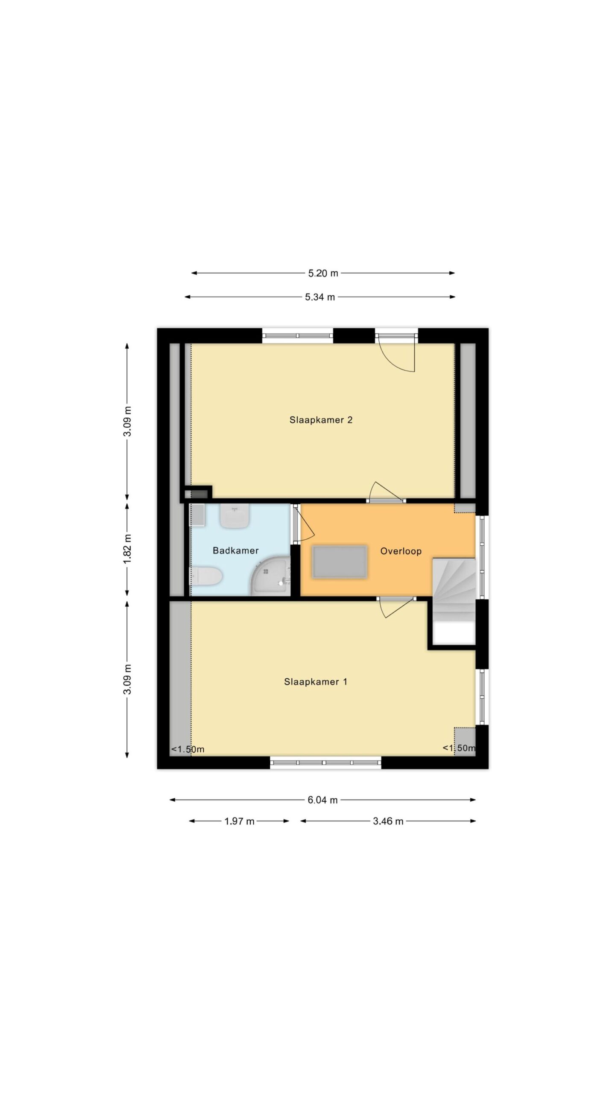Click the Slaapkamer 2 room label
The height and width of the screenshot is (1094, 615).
click(321, 420)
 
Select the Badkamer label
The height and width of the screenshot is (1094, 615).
click(236, 551)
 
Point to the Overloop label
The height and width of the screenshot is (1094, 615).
click(401, 551)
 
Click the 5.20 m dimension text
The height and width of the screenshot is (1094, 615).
click(323, 273)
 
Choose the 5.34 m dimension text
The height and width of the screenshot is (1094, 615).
click(320, 297)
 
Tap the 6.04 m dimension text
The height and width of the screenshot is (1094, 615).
click(323, 800)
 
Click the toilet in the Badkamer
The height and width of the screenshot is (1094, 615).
click(206, 576)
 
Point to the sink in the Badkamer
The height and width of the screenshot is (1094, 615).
click(234, 515)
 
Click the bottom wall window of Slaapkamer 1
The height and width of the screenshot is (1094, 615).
click(325, 763)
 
